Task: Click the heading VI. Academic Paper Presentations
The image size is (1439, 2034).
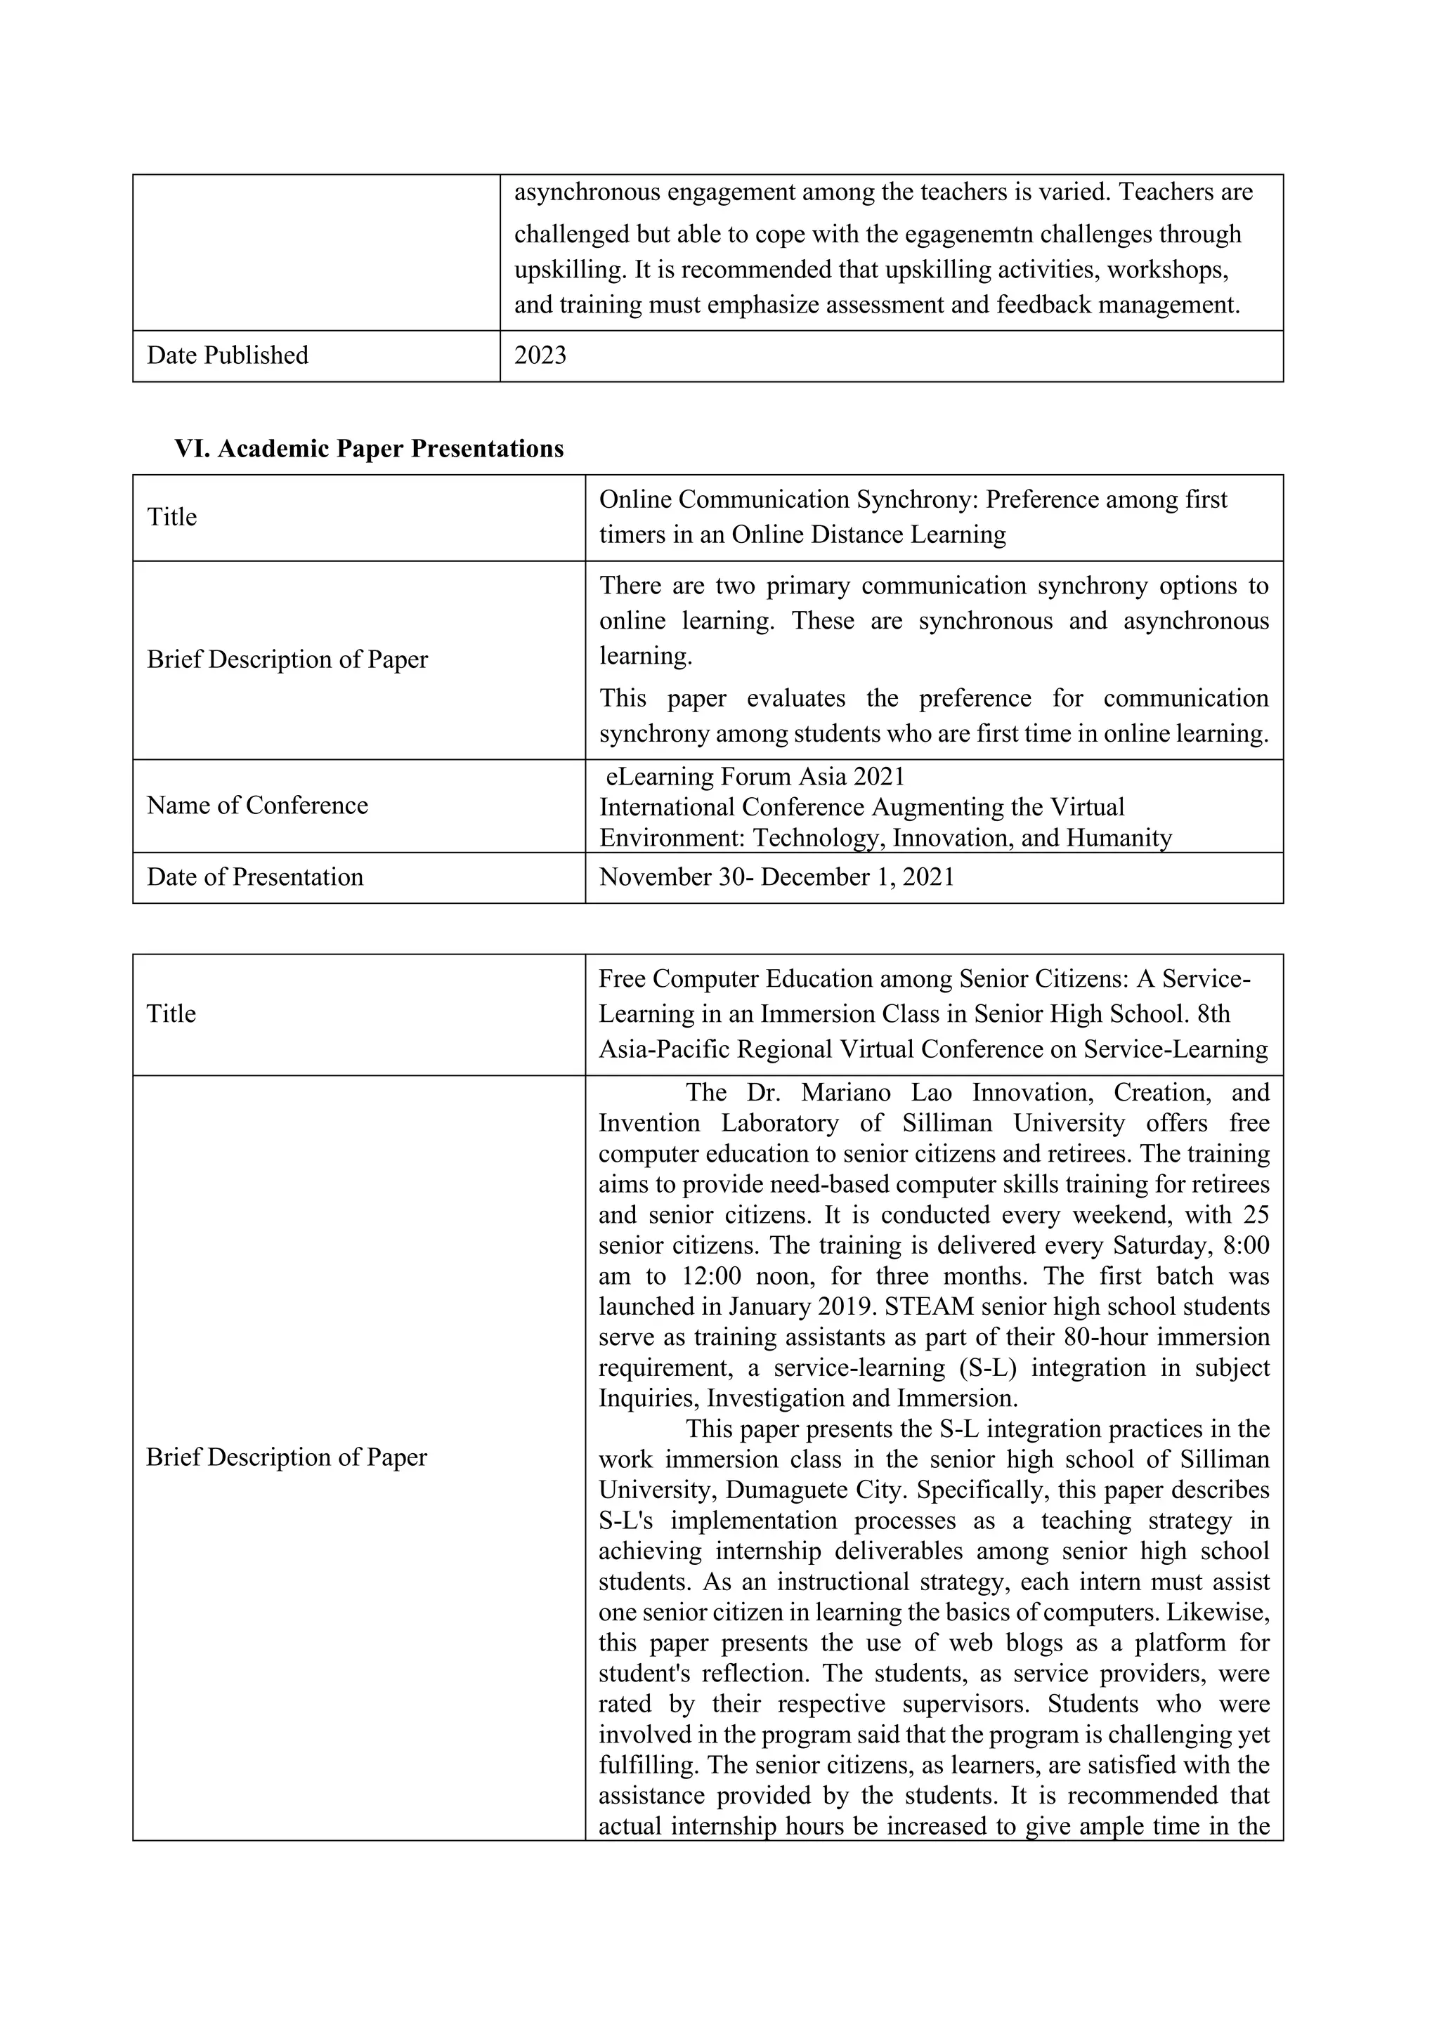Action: pyautogui.click(x=369, y=449)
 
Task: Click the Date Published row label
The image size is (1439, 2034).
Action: pyautogui.click(x=228, y=355)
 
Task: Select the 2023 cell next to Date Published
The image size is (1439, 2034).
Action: pyautogui.click(x=540, y=355)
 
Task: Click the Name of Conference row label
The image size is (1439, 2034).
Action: pyautogui.click(x=257, y=806)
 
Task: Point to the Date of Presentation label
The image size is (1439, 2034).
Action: pyautogui.click(x=255, y=877)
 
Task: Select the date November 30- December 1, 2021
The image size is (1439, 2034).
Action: pyautogui.click(x=776, y=877)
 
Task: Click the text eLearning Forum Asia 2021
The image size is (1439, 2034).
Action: pyautogui.click(x=755, y=777)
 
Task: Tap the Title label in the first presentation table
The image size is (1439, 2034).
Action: pyautogui.click(x=172, y=518)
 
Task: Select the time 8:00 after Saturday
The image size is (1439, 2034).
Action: pyautogui.click(x=1245, y=1245)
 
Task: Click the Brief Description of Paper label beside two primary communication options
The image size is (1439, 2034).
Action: pyautogui.click(x=287, y=660)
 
